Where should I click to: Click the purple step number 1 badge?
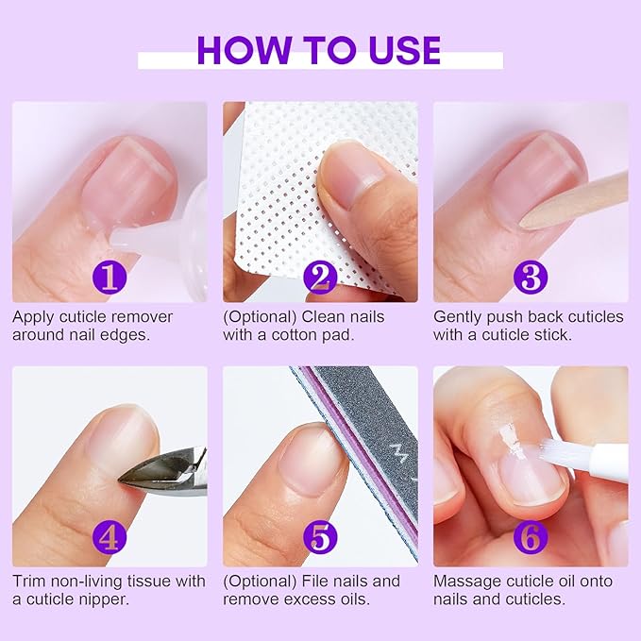tap(110, 277)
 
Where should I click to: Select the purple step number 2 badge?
tap(320, 277)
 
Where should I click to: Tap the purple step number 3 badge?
tap(530, 277)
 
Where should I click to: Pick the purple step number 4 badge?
tap(110, 538)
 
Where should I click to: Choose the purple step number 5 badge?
tap(320, 538)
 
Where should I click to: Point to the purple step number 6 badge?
tap(530, 538)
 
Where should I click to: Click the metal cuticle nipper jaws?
tap(151, 472)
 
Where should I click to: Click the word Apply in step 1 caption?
tap(33, 317)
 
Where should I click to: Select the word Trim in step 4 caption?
tap(29, 582)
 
